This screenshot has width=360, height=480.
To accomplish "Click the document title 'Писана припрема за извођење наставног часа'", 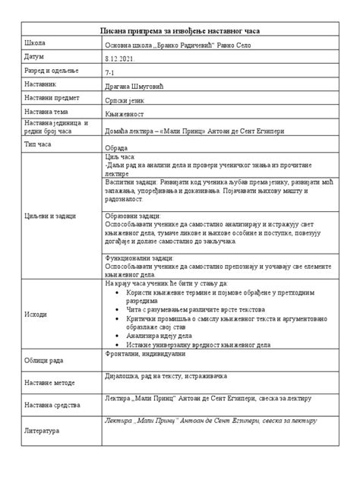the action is (181, 30).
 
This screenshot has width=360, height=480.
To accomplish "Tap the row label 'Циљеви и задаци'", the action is (50, 216).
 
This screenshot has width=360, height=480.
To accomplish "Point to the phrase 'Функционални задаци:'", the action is (137, 259).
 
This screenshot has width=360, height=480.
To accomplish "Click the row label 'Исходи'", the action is (36, 314).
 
